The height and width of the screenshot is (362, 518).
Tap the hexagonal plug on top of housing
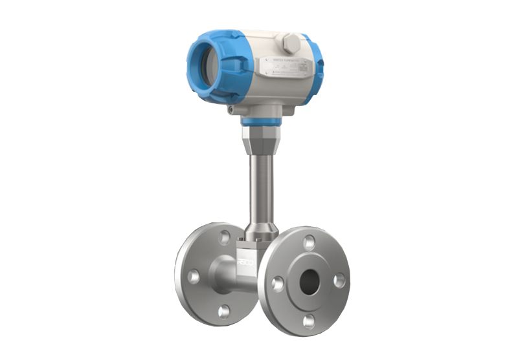(289, 43)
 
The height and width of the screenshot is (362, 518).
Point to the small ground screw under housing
(231, 109)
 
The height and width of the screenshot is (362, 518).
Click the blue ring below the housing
(262, 121)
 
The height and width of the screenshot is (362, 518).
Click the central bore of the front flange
(310, 281)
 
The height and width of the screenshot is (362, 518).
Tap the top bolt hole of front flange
(310, 242)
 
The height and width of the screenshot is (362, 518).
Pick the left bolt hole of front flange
(278, 284)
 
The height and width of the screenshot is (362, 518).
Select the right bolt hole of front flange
(339, 280)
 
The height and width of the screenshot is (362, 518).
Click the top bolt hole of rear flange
(224, 237)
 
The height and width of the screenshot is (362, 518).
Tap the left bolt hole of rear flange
(194, 276)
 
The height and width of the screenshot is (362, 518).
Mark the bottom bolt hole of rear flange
(224, 311)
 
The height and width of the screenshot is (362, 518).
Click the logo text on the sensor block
(247, 262)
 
